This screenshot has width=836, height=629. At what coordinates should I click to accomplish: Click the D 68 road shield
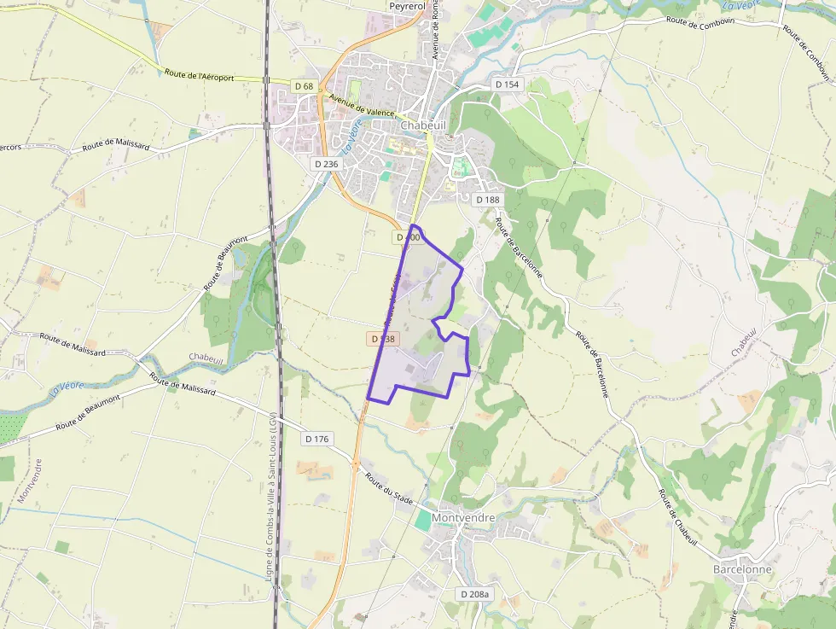pos(305,86)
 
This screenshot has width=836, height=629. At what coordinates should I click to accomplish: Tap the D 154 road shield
pos(507,84)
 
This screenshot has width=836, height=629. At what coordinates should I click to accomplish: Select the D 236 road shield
pos(326,164)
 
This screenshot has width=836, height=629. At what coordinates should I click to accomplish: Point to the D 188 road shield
pos(487,200)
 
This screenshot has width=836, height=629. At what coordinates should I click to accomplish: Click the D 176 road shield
pos(316,439)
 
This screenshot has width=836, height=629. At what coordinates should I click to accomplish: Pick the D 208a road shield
pos(474,594)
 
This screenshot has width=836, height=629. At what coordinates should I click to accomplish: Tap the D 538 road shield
pos(384,339)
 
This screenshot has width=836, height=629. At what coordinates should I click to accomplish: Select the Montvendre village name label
pos(463,517)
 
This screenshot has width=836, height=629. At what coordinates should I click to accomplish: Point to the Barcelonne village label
pos(742,569)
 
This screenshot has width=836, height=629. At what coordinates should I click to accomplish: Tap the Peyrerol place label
pos(407,6)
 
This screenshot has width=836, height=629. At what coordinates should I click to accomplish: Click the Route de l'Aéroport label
pos(200,77)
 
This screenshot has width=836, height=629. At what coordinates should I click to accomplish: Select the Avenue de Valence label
pos(362,109)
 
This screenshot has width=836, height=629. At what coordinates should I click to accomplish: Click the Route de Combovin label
pos(700,20)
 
